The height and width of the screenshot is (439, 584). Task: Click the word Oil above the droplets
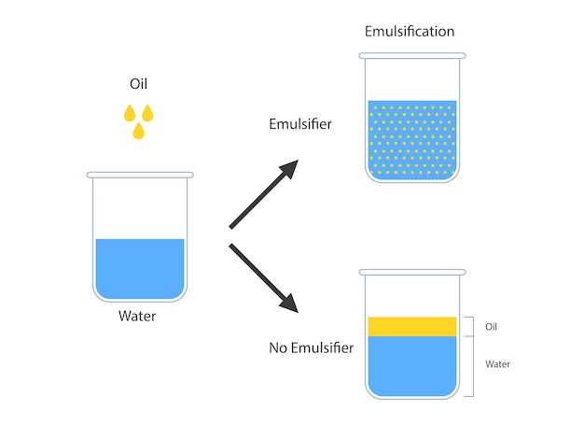tap(138, 84)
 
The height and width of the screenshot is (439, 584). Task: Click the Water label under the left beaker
tap(137, 316)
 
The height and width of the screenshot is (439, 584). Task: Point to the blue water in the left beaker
tap(139, 268)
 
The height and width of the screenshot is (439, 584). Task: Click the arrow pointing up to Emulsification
tap(264, 193)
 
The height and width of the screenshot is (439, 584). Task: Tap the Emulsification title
tap(410, 32)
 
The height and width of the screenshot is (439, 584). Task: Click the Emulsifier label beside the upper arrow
tap(299, 124)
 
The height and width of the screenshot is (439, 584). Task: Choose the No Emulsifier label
tap(311, 349)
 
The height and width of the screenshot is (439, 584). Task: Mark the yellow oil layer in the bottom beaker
tap(411, 326)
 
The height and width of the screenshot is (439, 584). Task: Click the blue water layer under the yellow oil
tap(411, 364)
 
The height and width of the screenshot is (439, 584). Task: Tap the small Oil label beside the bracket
tap(493, 327)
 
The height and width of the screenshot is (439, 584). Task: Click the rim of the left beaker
tap(140, 175)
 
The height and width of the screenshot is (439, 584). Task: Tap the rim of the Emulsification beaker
tap(411, 55)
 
